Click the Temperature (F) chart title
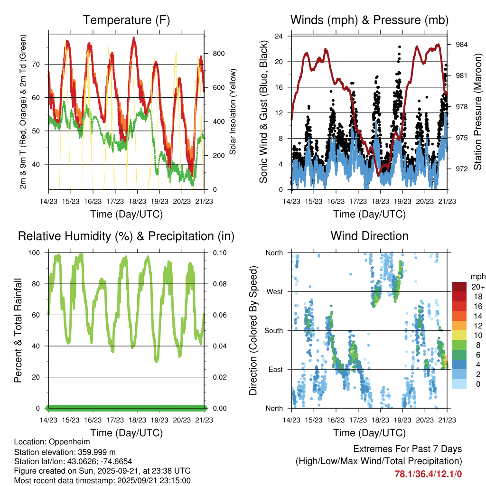point(126,20)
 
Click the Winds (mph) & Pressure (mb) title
point(369,20)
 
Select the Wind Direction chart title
point(369,236)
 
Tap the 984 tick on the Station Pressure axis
point(462,45)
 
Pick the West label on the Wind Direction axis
point(274,291)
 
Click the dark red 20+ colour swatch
point(459,287)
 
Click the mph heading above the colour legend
point(477,276)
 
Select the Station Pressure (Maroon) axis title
point(477,112)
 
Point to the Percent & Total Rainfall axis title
point(19,330)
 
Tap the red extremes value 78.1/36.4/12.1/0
point(428,474)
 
